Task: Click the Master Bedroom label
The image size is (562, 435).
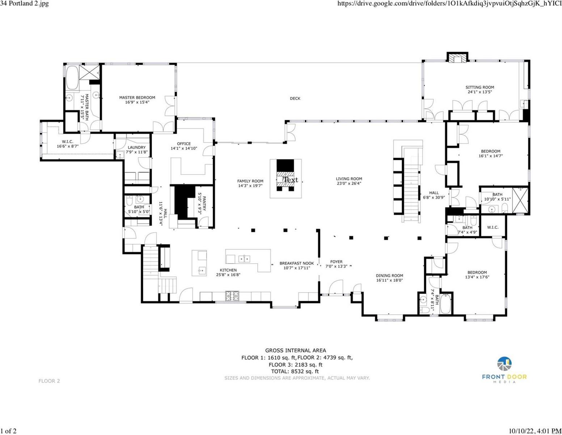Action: click(137, 98)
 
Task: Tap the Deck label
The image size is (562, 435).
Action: click(295, 99)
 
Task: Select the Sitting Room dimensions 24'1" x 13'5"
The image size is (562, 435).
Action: click(479, 92)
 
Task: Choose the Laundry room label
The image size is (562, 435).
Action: click(137, 148)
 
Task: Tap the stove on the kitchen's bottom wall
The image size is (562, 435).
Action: click(232, 296)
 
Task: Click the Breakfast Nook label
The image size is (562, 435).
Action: click(297, 264)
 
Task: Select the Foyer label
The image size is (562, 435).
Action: click(336, 262)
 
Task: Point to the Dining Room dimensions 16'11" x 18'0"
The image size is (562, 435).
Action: click(389, 280)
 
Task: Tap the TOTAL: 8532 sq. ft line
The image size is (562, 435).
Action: click(295, 372)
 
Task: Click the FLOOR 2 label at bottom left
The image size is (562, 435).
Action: click(49, 381)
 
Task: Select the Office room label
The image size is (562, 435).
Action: click(184, 144)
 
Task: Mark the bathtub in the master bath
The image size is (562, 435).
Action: click(72, 78)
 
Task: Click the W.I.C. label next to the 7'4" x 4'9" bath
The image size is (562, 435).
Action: click(493, 227)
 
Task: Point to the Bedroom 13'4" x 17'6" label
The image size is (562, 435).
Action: click(477, 273)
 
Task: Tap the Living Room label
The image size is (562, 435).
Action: click(349, 179)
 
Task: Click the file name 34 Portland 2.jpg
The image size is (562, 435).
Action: click(25, 4)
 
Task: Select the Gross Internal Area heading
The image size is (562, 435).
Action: click(295, 351)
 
